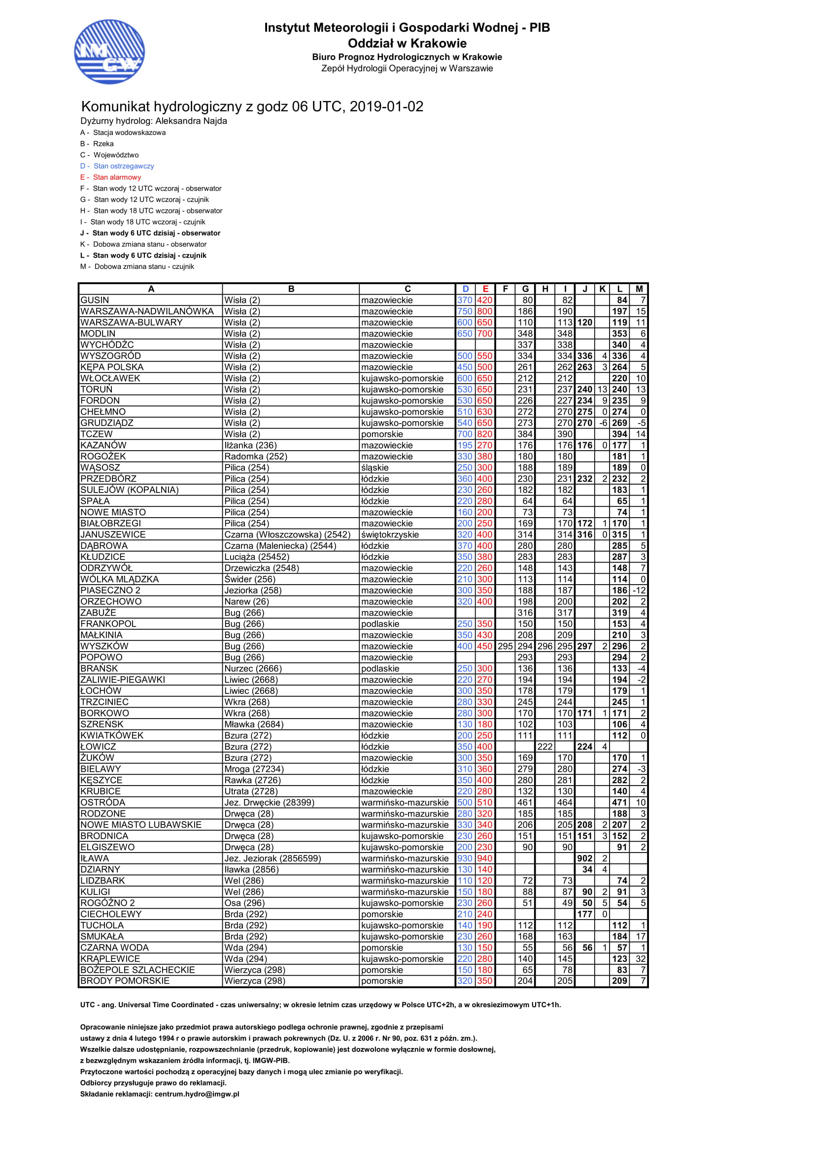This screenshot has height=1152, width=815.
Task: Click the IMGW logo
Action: (x=109, y=52)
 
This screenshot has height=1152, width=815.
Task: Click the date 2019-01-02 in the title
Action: (x=386, y=107)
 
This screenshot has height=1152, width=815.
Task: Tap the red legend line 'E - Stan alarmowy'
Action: (x=111, y=177)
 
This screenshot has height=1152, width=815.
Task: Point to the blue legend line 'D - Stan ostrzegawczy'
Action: (x=117, y=166)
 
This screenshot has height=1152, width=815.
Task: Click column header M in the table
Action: (x=639, y=289)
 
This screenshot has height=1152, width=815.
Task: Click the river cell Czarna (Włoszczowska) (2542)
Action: (x=287, y=535)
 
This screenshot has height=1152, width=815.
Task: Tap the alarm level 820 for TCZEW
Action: (x=485, y=434)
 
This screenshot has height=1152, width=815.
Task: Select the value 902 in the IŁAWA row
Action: (x=585, y=858)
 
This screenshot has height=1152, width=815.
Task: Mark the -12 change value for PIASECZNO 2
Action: (x=640, y=591)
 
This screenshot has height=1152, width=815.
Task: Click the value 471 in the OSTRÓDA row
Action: (x=620, y=803)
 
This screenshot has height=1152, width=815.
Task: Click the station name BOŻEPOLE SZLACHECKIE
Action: (x=137, y=970)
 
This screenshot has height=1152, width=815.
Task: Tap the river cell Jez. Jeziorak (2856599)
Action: (x=272, y=858)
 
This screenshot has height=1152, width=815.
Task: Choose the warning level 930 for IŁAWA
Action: (x=465, y=858)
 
